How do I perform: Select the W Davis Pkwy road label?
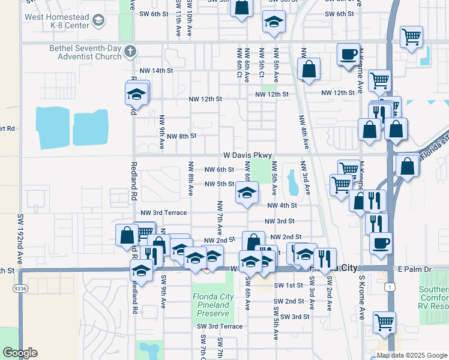point(248,155)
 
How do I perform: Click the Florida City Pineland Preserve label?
point(212,305)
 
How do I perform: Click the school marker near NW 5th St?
point(246,193)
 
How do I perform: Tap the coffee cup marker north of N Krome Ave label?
point(348,55)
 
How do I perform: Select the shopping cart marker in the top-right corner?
point(412,37)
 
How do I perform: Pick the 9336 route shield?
point(20,288)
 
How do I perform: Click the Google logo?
point(20,352)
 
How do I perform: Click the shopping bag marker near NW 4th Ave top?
point(309,69)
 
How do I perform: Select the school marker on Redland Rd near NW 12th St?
point(136,94)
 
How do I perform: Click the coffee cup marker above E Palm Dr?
point(381,243)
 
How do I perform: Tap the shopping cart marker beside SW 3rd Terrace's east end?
point(384,322)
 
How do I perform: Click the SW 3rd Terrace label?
point(219,326)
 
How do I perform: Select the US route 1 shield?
point(391,288)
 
